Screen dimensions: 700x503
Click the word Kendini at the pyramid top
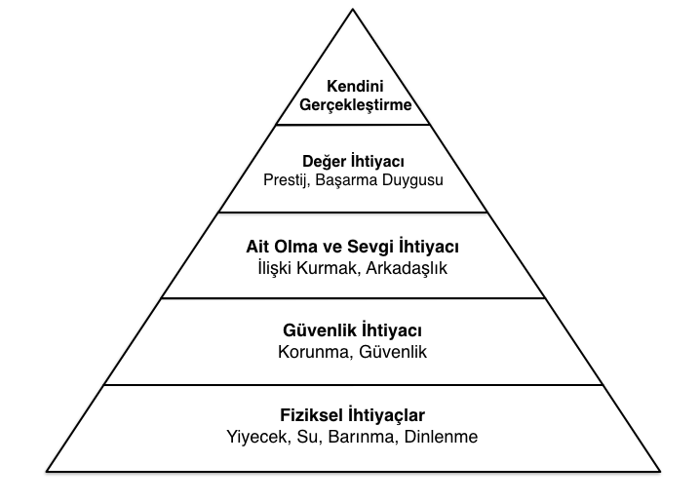coord(355,86)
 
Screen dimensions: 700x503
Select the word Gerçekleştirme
coord(355,105)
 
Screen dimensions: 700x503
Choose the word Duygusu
coord(413,180)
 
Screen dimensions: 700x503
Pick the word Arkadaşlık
coord(407,268)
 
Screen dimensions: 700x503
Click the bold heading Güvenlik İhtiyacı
coord(352,330)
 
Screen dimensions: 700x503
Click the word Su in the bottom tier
coord(308,437)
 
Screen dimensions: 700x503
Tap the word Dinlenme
coord(441,437)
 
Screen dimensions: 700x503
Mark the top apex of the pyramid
coord(353,9)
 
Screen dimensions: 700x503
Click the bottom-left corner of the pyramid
coord(47,471)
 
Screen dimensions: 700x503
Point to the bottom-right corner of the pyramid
coord(660,471)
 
